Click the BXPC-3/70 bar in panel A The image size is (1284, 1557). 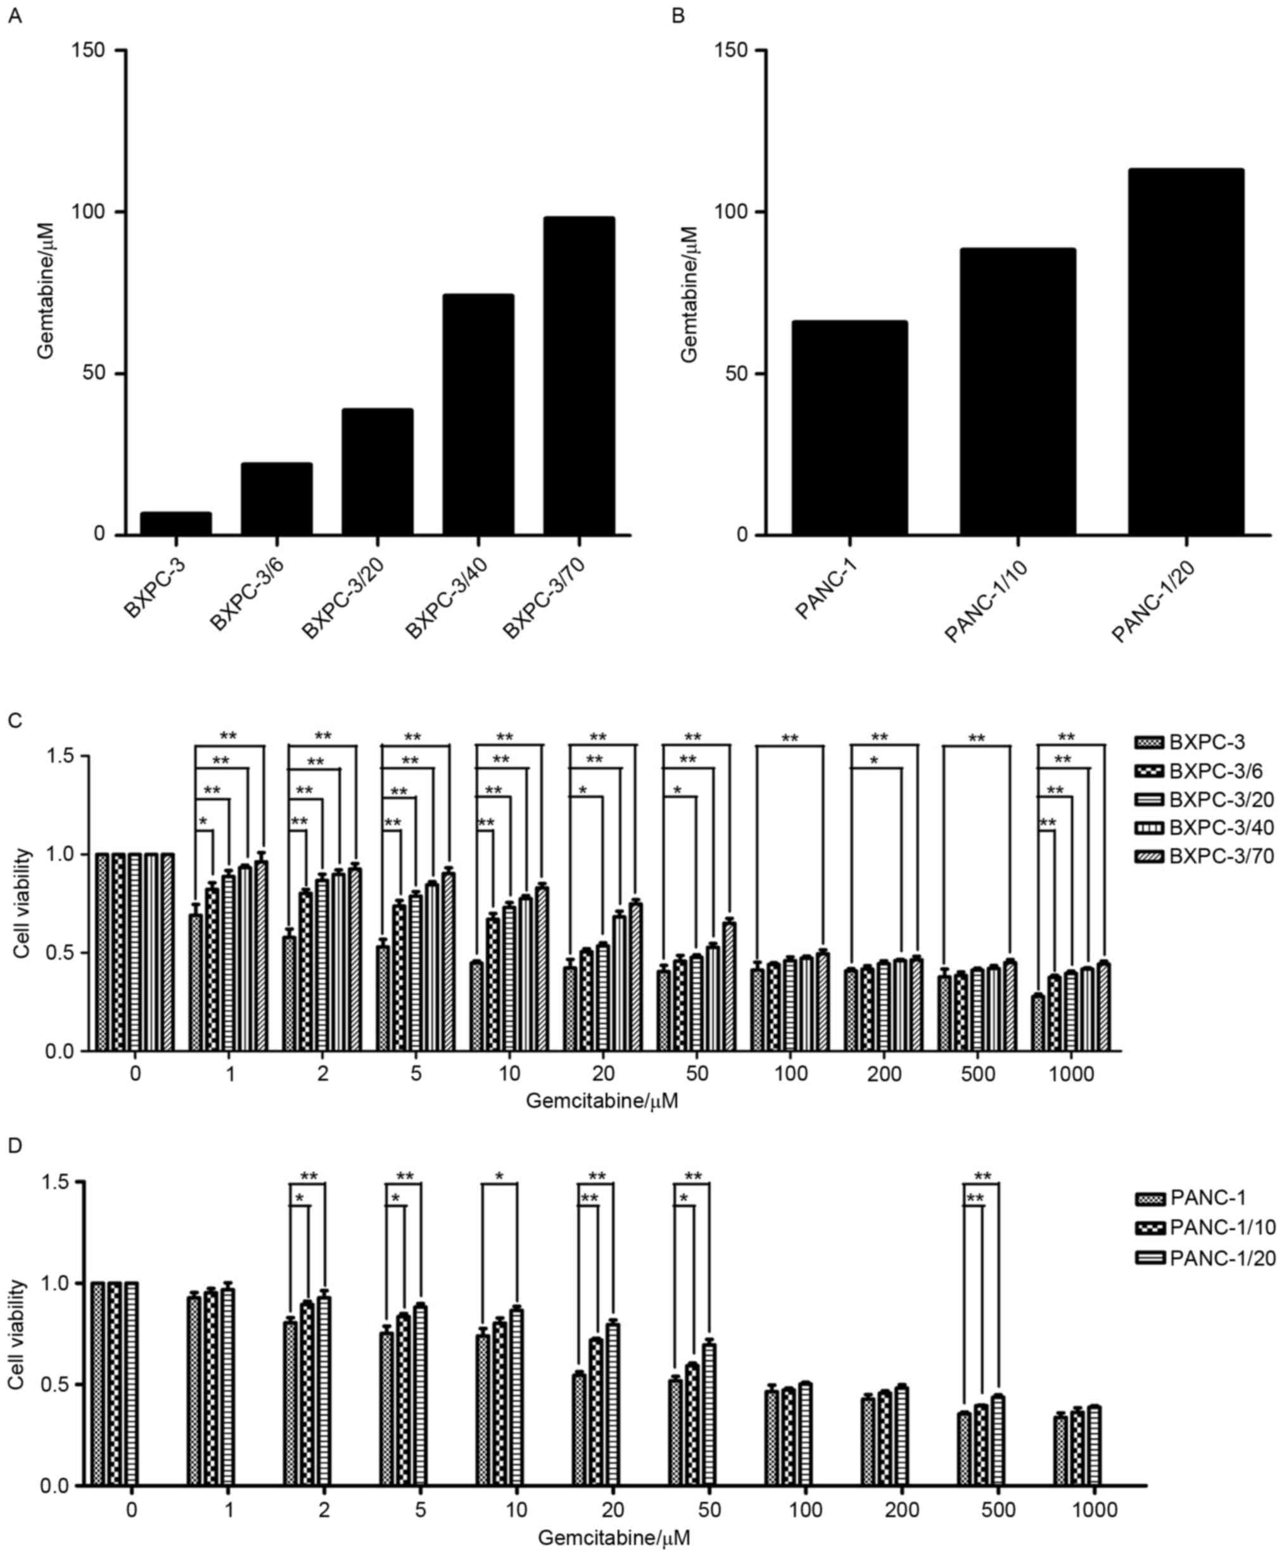pos(578,376)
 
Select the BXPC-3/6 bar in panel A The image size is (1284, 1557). pos(277,499)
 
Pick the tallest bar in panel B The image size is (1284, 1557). pos(1186,352)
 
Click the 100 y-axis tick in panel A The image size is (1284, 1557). pos(87,212)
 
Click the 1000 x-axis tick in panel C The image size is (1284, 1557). pos(1071,1073)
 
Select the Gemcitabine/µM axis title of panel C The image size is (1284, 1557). pos(601,1102)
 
